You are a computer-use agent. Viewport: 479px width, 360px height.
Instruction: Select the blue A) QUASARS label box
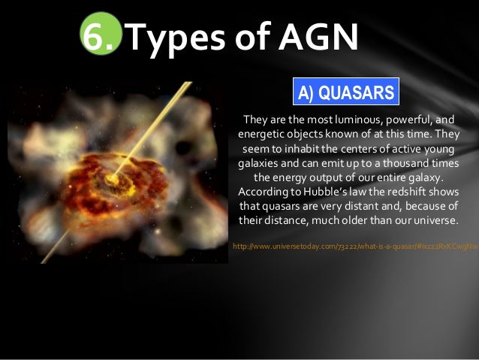[x=345, y=92]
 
